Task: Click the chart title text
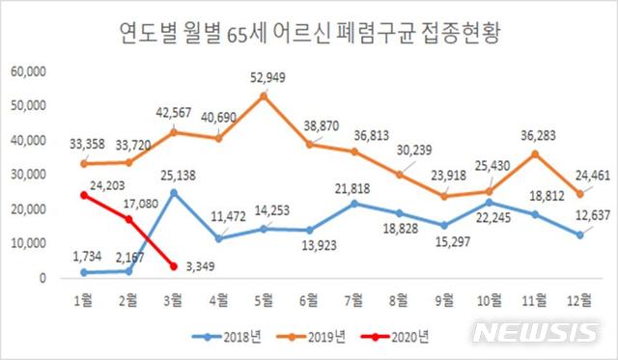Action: (309, 37)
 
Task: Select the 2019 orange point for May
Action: (264, 96)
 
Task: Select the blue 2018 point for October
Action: (493, 202)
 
